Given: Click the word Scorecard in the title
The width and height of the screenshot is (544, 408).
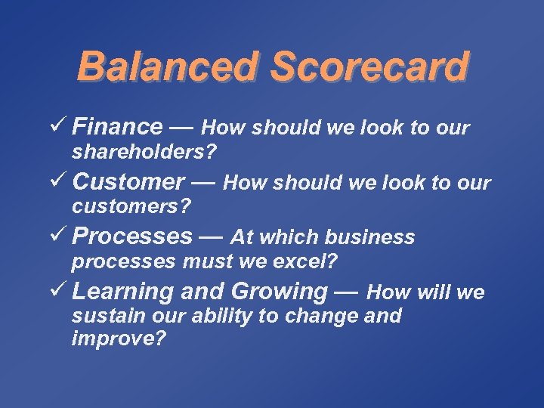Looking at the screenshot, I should (x=368, y=68).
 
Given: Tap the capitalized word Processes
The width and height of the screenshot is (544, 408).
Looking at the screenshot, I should (x=132, y=236).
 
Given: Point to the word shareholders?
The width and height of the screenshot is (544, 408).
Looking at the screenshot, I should (x=144, y=152).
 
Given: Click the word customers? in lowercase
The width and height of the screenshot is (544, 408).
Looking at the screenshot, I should (x=131, y=206).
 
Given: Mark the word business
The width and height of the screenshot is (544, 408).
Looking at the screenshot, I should (x=371, y=237).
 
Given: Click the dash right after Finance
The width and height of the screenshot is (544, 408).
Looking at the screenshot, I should (x=182, y=127).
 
